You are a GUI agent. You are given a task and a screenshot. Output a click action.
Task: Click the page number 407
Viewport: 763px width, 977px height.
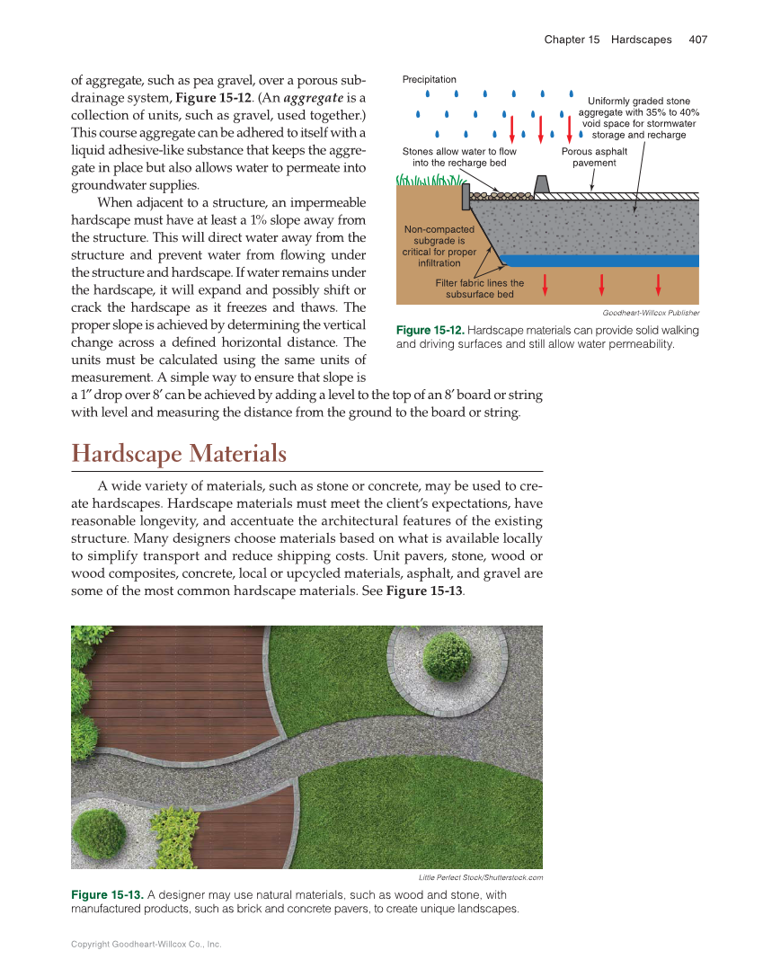coord(698,40)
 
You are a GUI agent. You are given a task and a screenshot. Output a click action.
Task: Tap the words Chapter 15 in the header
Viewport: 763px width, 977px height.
coord(572,40)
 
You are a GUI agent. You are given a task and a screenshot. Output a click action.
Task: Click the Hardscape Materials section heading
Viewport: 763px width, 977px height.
coord(179,453)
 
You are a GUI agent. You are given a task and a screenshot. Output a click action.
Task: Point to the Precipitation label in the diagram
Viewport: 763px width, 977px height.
coord(429,80)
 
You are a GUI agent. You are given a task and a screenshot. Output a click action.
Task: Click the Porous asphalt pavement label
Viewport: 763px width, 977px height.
coord(594,157)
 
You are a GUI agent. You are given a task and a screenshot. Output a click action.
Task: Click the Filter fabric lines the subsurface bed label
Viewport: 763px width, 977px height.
coord(479,289)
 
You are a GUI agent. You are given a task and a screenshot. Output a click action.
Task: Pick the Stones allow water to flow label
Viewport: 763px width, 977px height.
coord(459,157)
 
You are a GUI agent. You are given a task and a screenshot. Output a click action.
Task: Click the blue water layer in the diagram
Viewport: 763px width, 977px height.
coord(599,261)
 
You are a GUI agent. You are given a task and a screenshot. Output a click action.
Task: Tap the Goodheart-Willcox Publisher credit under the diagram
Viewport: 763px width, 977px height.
coord(650,313)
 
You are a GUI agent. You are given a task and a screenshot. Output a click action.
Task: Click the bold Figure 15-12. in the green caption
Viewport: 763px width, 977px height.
coord(430,330)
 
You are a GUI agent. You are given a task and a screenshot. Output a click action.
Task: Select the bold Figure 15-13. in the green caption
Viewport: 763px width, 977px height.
coord(106,894)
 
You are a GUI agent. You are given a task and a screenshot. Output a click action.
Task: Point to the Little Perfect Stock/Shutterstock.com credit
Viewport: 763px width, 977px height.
coord(480,877)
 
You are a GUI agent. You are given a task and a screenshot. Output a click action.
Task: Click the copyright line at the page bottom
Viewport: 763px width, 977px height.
coord(146,945)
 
